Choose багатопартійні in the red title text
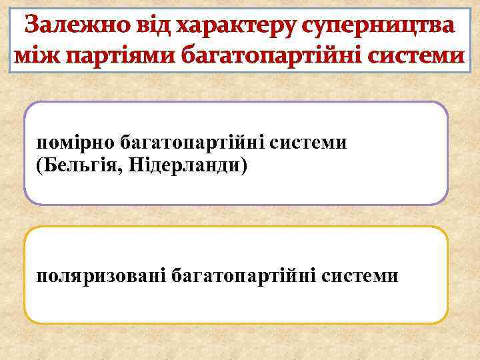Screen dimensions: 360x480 click(268, 57)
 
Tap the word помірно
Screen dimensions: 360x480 click(75, 143)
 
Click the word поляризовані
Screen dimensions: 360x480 click(101, 275)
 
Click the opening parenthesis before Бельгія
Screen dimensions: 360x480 click(40, 164)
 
